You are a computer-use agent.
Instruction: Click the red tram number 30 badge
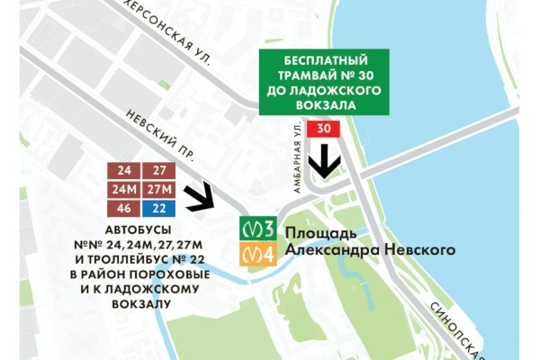point(324,130)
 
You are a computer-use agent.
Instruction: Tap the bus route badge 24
point(123,171)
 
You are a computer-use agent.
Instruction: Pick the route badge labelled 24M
point(123,189)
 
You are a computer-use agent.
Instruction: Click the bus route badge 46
point(123,208)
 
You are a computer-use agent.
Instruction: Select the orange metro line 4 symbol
point(256,255)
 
